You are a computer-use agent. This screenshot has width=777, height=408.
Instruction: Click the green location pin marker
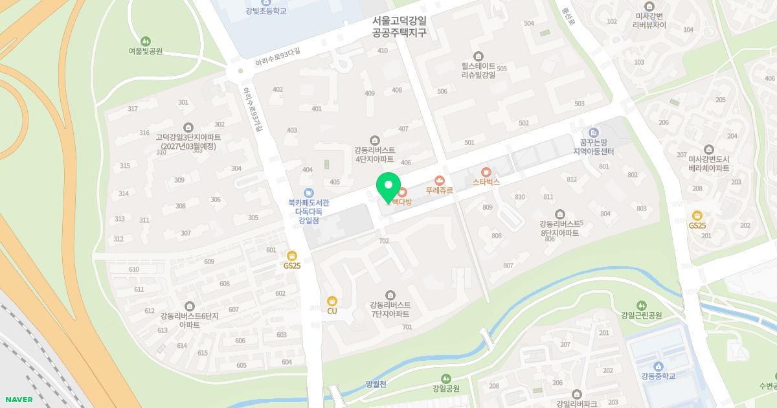pos(388,187)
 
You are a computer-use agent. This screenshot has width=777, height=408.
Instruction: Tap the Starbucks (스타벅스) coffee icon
pos(486,172)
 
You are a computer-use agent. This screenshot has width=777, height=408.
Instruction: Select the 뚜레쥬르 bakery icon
pos(440,180)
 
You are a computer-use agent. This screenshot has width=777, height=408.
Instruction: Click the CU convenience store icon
pos(332,300)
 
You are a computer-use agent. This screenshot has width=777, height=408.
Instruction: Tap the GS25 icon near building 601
pos(292,255)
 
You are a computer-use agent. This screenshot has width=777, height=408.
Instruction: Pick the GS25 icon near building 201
pos(697,216)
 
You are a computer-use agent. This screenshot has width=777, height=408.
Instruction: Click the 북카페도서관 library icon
pos(308,192)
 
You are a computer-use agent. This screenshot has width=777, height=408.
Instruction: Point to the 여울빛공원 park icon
pos(145,41)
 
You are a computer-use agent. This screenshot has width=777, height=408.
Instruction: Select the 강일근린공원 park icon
pos(641,305)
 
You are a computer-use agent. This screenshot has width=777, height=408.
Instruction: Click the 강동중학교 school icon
pos(658,366)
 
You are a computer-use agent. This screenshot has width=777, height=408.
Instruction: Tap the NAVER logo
pos(19,400)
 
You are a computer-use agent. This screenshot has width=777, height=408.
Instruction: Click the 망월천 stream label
pos(376,384)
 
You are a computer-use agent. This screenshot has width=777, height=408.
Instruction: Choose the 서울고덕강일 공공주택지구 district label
pos(400,27)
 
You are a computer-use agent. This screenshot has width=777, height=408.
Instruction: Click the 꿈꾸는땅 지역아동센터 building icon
pos(594,133)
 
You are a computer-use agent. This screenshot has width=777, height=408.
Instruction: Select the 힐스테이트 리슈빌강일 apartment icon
pos(478,56)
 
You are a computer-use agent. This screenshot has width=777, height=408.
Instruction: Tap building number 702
pos(384,241)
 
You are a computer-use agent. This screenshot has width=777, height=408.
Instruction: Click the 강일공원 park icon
pos(445,378)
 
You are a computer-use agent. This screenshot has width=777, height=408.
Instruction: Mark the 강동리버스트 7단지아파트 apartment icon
pos(390,295)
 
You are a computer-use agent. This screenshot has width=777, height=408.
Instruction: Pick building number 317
pos(133,109)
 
